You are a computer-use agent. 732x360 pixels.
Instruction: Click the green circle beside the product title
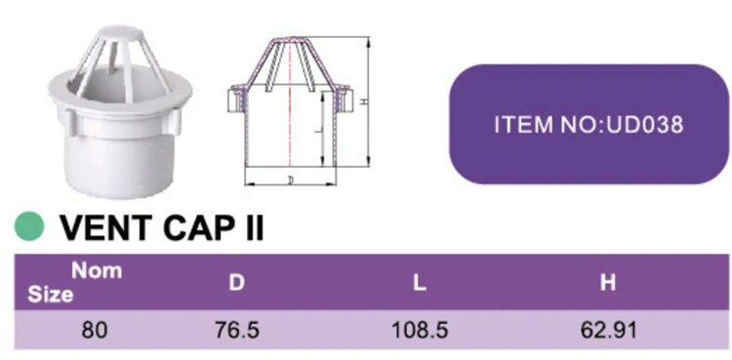coord(29,226)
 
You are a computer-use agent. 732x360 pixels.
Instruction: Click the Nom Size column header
coord(75,283)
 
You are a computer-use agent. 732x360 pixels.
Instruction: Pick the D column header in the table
coord(237,283)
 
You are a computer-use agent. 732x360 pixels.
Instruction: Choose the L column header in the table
coord(420,283)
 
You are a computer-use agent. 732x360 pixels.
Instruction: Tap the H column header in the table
coord(608,283)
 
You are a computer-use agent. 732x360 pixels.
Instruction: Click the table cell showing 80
coord(95,331)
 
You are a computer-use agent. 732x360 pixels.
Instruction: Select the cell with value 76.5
coord(237,331)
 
